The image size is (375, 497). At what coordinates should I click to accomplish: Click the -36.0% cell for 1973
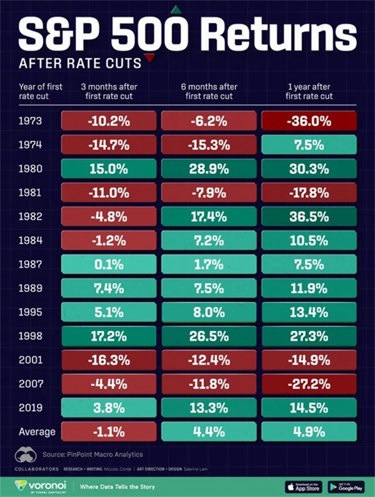click(x=309, y=121)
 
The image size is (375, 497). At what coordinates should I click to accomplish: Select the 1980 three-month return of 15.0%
click(x=108, y=169)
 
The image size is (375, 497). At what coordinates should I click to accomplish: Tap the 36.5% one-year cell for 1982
click(x=309, y=216)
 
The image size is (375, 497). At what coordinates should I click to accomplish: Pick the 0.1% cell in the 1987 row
click(x=108, y=264)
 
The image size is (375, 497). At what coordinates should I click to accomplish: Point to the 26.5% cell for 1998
click(x=209, y=335)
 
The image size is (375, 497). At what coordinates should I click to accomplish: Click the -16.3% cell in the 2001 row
click(x=108, y=359)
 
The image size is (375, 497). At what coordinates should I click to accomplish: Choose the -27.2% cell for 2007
click(x=309, y=383)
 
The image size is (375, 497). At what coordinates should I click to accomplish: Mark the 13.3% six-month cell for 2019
click(x=209, y=407)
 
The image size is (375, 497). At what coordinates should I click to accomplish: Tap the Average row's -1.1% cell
click(x=108, y=431)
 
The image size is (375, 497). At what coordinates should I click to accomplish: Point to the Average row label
click(x=36, y=432)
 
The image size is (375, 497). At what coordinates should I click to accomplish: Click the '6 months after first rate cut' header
click(x=209, y=91)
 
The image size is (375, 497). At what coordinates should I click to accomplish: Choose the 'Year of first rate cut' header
click(x=40, y=91)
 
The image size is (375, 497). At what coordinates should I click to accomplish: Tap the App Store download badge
click(x=303, y=486)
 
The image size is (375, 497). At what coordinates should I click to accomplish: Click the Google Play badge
click(x=346, y=486)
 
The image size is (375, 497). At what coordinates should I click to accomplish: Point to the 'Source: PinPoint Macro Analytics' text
click(x=92, y=454)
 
